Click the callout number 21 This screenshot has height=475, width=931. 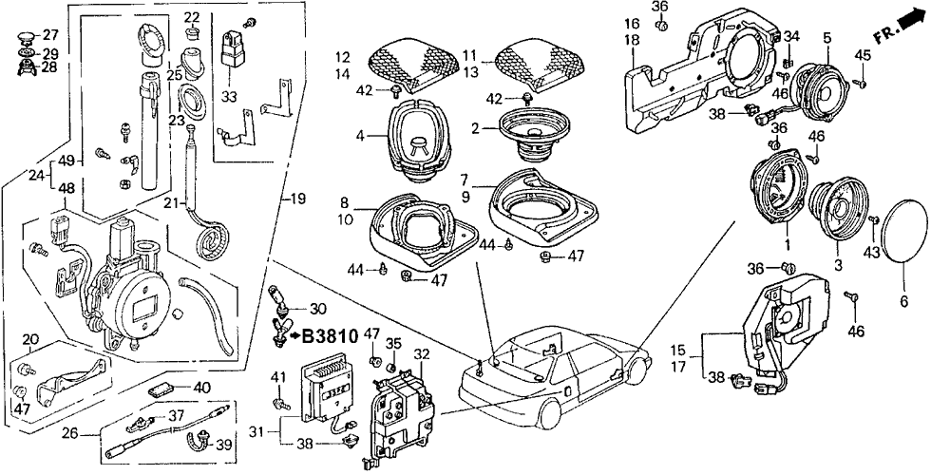(172, 202)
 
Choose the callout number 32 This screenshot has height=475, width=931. (421, 353)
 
